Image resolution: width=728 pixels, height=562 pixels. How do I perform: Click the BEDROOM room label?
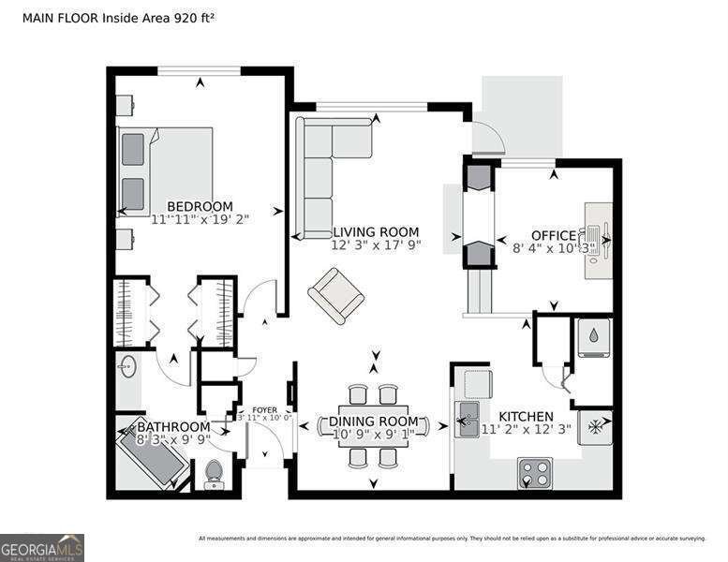pyautogui.click(x=199, y=207)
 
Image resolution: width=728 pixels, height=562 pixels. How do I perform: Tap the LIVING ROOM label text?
pyautogui.click(x=376, y=232)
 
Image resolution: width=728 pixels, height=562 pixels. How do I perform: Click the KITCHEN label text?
pyautogui.click(x=526, y=416)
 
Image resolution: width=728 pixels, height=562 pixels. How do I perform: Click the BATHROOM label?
pyautogui.click(x=173, y=426)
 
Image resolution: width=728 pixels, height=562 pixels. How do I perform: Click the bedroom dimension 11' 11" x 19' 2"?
pyautogui.click(x=199, y=220)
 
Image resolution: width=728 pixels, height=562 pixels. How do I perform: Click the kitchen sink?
pyautogui.click(x=467, y=419)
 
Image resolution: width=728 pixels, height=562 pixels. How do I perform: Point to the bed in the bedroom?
pyautogui.click(x=165, y=171)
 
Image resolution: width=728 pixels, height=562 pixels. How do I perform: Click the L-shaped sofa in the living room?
pyautogui.click(x=323, y=173)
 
